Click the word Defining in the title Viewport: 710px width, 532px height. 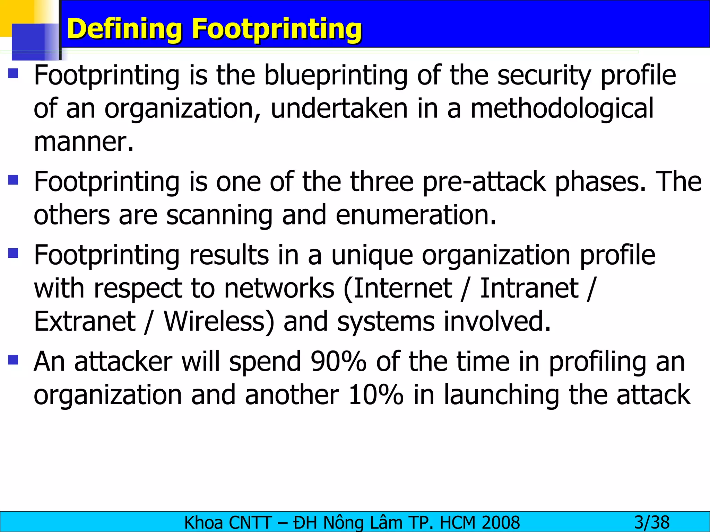coord(124,29)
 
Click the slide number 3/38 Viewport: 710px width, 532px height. coord(652,522)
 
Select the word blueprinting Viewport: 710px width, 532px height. coord(336,76)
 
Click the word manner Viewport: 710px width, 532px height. coord(84,142)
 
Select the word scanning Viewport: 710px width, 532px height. coord(219,215)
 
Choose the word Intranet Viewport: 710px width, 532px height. coord(529,288)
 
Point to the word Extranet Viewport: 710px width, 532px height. coord(85,321)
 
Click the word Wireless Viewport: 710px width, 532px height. coord(219,321)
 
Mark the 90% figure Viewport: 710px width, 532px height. coord(338,362)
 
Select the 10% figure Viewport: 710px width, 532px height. coord(376,395)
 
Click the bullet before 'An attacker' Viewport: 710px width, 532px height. coord(13,360)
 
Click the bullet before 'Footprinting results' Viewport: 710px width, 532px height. coord(13,253)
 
